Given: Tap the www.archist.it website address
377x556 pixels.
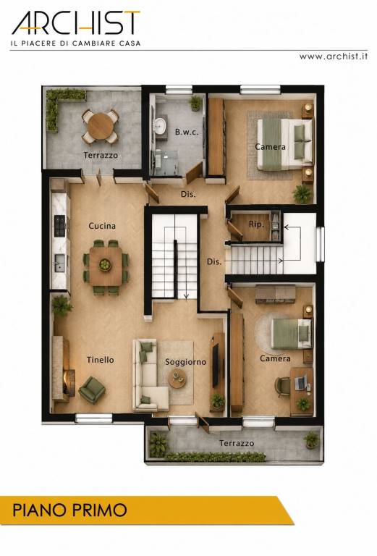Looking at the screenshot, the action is click(333, 56).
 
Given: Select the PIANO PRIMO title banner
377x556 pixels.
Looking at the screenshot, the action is click(146, 510).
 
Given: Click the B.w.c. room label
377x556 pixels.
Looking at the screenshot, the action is click(187, 132).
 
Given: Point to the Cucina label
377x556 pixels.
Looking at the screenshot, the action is click(102, 226).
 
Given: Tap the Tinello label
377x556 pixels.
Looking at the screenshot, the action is click(101, 360).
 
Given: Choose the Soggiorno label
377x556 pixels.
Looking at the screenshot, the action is click(185, 362).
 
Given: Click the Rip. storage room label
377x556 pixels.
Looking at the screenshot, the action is click(256, 224).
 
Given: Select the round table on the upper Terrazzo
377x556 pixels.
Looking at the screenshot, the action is click(101, 127).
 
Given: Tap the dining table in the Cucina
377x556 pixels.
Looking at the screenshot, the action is click(105, 266).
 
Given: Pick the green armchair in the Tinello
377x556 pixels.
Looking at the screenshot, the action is click(92, 389).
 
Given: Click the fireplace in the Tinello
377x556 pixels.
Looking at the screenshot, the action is click(69, 383).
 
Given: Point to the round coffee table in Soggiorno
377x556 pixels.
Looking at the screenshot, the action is click(177, 379).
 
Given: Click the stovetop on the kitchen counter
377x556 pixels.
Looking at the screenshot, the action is click(59, 226).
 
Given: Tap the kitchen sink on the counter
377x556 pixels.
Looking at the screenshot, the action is click(59, 262).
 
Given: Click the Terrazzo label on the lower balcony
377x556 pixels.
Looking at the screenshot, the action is click(237, 443).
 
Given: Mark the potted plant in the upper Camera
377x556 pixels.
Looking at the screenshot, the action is click(302, 194).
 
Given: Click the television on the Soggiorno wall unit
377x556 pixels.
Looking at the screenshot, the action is click(215, 365).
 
